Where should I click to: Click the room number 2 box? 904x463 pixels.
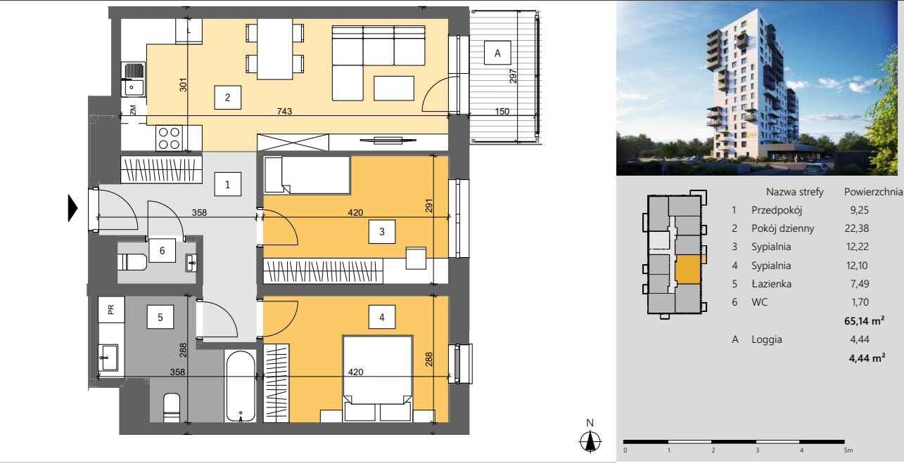point(228,97)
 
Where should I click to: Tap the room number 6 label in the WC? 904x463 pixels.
point(162,251)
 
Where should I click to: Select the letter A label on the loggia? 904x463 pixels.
point(497,53)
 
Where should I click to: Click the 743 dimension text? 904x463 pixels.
point(284,111)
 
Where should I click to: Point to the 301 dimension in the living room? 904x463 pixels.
point(183,84)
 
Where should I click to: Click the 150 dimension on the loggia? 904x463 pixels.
point(502,111)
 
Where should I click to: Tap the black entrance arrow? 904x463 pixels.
point(72,208)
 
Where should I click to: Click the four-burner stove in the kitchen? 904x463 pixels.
point(169,138)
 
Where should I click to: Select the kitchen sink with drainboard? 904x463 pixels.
point(134,79)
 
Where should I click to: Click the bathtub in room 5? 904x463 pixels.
point(241,386)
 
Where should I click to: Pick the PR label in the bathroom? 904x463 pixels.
point(111,309)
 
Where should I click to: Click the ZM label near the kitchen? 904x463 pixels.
point(133,110)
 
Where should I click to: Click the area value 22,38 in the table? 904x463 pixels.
point(856,228)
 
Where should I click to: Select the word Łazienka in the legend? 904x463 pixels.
point(771,284)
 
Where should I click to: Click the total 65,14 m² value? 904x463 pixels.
point(865,321)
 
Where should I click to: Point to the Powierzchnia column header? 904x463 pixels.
point(873,192)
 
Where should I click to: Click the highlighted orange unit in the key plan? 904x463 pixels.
point(688,269)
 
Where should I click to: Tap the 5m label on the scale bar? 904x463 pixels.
point(848,450)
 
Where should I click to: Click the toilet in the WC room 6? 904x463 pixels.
point(132,262)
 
